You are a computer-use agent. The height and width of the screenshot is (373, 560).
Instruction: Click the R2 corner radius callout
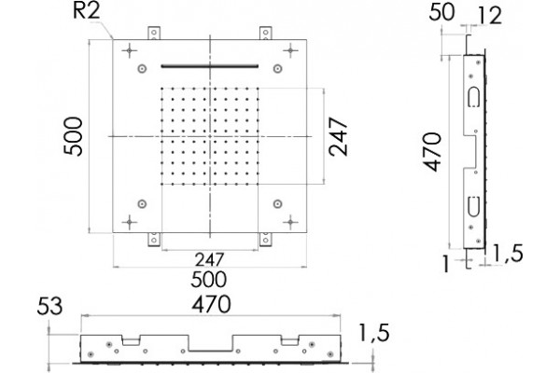pyautogui.click(x=86, y=12)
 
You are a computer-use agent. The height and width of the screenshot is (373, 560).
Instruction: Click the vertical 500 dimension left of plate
pyautogui.click(x=73, y=136)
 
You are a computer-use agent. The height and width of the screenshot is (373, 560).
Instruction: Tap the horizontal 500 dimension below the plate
pyautogui.click(x=208, y=280)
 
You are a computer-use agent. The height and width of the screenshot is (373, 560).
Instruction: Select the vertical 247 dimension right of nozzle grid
pyautogui.click(x=338, y=137)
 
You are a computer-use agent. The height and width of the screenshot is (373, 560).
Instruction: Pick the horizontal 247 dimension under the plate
pyautogui.click(x=209, y=259)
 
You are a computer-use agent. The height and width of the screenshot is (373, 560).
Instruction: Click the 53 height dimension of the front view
pyautogui.click(x=49, y=306)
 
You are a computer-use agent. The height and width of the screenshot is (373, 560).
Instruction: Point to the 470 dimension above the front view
pyautogui.click(x=212, y=304)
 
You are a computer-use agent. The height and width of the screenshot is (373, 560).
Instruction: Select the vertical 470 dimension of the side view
pyautogui.click(x=432, y=152)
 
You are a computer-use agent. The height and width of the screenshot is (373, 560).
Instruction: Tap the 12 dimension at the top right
pyautogui.click(x=489, y=16)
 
